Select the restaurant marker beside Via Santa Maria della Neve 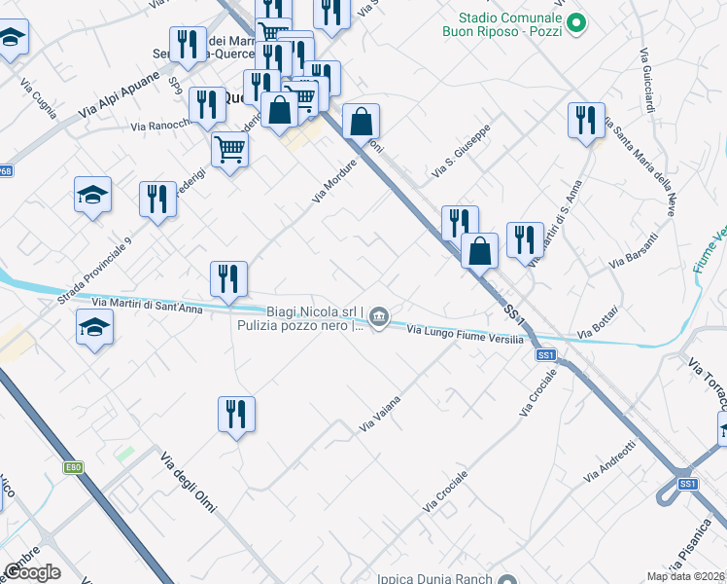pyautogui.click(x=586, y=122)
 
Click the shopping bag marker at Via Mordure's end pyautogui.click(x=361, y=124)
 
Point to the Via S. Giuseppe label pyautogui.click(x=461, y=155)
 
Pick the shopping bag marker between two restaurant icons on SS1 pyautogui.click(x=480, y=251)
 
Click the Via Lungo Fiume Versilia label pyautogui.click(x=465, y=334)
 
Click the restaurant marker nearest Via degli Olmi pyautogui.click(x=236, y=416)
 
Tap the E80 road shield pyautogui.click(x=75, y=468)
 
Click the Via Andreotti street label pyautogui.click(x=609, y=460)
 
